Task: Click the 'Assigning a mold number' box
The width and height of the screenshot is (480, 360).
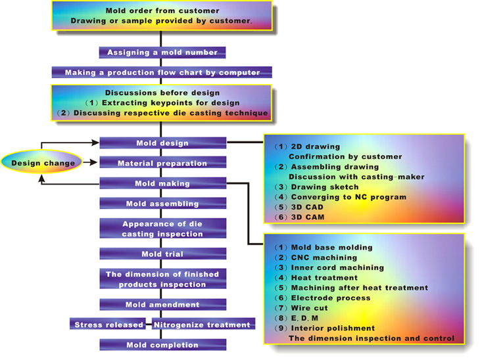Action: [162, 52]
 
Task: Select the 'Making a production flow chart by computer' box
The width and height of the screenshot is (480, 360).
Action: [162, 72]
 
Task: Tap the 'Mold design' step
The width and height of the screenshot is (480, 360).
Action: [162, 143]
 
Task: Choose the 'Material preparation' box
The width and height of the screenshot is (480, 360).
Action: [162, 163]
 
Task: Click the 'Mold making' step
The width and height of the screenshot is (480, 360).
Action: [162, 183]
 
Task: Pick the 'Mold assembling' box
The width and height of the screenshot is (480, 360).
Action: [162, 204]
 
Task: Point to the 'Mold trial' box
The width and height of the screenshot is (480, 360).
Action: [162, 254]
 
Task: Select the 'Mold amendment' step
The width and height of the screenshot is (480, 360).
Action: [162, 304]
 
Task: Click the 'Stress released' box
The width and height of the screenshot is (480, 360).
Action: [109, 325]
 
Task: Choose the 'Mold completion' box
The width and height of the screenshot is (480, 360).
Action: [162, 345]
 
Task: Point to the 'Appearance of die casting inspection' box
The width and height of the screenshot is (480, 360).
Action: [162, 229]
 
